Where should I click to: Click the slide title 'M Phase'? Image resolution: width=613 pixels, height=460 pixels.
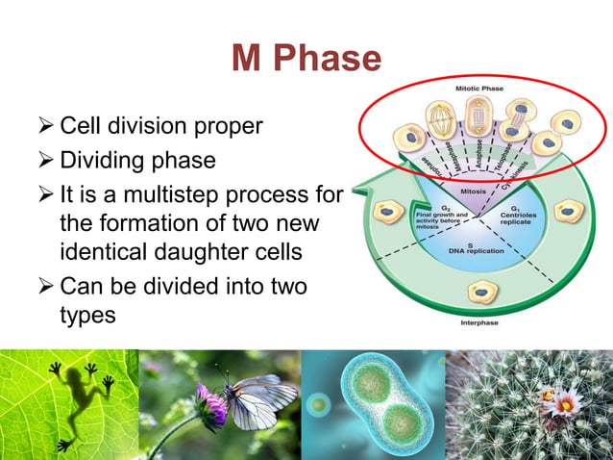(306, 60)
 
